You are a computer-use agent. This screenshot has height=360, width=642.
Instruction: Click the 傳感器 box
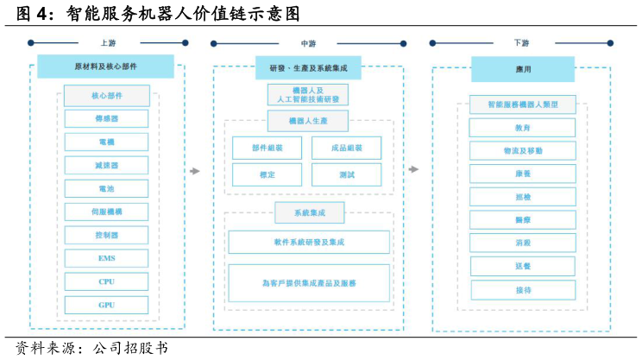click(x=106, y=118)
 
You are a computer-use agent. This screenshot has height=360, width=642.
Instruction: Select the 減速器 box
click(x=106, y=165)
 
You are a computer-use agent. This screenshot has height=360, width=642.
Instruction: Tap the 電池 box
click(x=106, y=188)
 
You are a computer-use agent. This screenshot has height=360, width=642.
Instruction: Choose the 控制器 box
click(x=106, y=235)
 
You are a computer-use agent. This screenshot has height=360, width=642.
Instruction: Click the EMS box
click(x=106, y=258)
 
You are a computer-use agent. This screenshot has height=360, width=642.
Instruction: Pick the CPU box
click(x=106, y=281)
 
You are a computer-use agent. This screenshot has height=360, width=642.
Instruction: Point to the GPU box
click(x=106, y=305)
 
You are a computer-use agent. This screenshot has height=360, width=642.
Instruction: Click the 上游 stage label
click(x=108, y=42)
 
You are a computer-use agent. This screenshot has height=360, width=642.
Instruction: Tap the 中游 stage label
click(x=308, y=43)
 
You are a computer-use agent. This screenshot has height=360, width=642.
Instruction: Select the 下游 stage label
click(x=522, y=42)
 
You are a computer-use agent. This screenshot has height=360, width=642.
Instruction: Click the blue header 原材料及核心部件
click(x=105, y=66)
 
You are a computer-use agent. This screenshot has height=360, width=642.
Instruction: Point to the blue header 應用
click(x=522, y=69)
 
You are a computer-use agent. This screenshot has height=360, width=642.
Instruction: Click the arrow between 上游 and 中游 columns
click(x=195, y=171)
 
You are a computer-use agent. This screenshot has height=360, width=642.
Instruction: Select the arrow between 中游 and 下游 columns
click(x=413, y=169)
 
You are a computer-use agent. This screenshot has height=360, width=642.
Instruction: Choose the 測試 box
click(x=346, y=174)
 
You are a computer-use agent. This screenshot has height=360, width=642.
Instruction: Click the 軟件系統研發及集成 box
click(x=308, y=243)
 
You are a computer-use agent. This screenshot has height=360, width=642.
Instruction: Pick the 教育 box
click(x=522, y=128)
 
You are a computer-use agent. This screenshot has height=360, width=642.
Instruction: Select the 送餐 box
click(x=522, y=267)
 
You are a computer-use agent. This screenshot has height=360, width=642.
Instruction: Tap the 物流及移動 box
click(x=522, y=151)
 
